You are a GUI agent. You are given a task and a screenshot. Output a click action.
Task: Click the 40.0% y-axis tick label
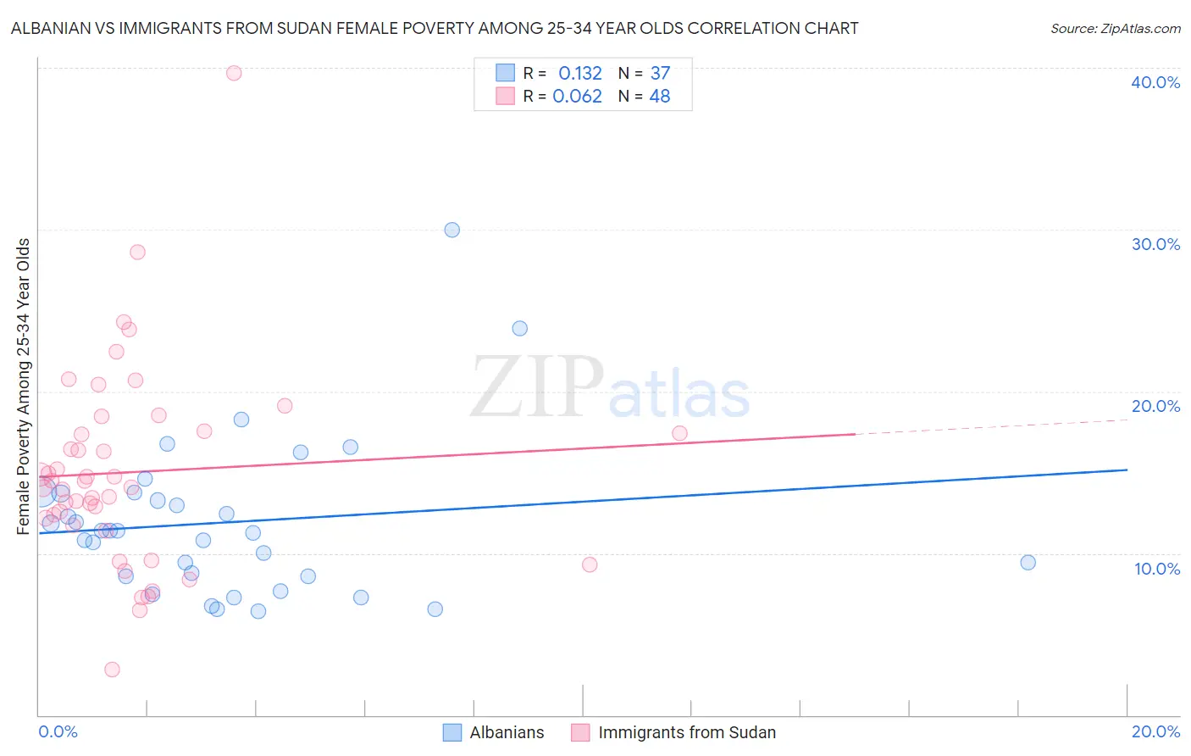pos(1155,82)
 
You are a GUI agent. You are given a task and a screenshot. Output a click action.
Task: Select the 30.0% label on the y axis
pos(1155,244)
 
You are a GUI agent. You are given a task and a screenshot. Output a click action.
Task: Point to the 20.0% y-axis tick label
pos(1155,406)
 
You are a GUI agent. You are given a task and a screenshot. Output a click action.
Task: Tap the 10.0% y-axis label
pos(1156,568)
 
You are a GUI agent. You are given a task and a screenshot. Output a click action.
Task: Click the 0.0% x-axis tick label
pos(58,731)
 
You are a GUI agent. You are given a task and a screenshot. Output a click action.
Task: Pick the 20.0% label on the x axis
pos(1155,731)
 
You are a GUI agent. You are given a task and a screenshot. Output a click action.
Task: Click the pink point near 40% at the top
pos(234,73)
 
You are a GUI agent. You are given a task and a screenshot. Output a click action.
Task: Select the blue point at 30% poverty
pos(452,230)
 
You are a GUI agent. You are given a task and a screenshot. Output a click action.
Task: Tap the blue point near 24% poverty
pos(520,328)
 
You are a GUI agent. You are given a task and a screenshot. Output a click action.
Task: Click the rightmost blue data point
pos(1028,563)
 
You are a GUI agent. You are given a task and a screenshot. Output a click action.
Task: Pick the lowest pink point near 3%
pos(112,670)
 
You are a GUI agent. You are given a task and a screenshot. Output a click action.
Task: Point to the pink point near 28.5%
pos(137,252)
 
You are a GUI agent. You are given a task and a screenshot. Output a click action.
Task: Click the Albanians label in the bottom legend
pos(507,732)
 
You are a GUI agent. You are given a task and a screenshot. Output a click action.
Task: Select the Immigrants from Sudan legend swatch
pos(580,732)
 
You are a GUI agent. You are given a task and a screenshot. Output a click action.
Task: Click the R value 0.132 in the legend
pos(579,74)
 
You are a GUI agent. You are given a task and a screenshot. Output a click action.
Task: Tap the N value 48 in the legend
pos(659,97)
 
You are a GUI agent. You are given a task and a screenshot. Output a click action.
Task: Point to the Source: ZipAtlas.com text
pos(1115,28)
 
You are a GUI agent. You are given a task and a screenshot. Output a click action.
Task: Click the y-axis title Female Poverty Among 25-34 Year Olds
pos(23,386)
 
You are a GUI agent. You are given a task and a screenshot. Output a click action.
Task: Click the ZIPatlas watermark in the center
pos(610,388)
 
